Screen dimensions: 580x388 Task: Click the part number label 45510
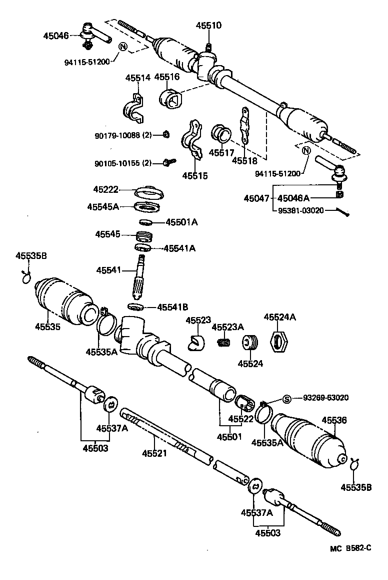[208, 26]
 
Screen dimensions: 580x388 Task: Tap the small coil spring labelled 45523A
[224, 342]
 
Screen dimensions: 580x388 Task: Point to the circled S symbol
[287, 399]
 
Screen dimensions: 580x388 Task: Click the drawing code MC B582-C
[350, 561]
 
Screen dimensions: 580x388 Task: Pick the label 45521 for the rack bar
[154, 453]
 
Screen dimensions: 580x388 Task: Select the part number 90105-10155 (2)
[123, 163]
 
